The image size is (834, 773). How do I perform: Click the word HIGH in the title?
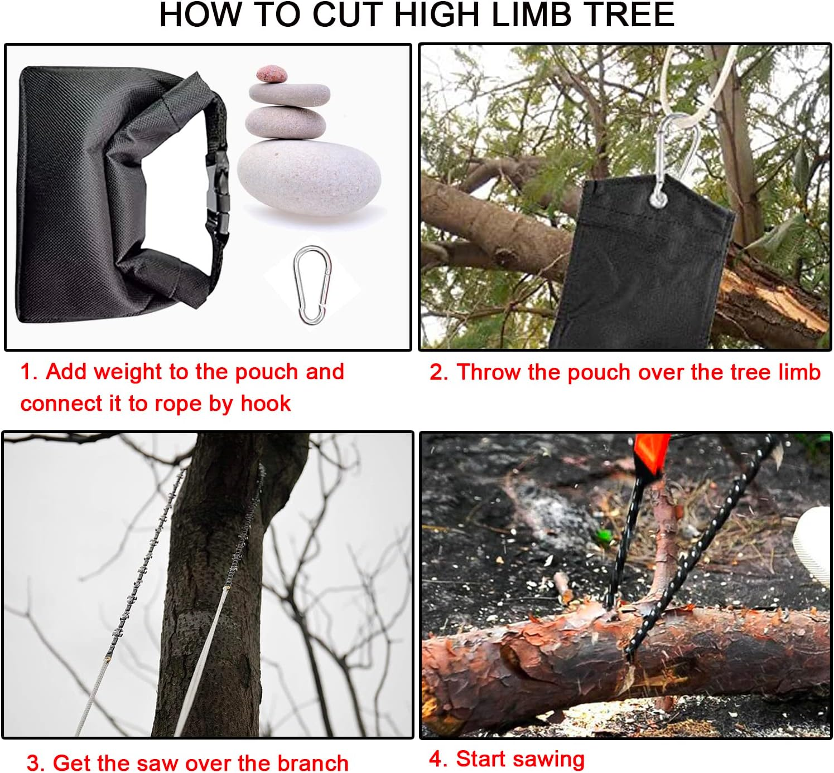440,15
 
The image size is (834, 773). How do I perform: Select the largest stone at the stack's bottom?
309,179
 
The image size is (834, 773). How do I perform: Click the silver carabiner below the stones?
312,285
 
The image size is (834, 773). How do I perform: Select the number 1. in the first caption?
29,372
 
